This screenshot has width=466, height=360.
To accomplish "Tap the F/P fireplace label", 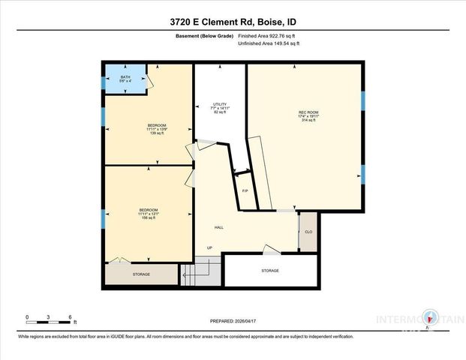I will tap(245, 191).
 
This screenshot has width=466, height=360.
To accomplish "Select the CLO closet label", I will tap(308, 232).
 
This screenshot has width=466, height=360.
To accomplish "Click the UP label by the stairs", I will tap(210, 249).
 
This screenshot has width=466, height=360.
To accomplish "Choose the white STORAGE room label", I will tap(270, 270).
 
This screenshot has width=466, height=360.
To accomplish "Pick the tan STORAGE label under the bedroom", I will tap(141, 274).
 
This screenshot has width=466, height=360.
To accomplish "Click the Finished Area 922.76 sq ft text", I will tap(268, 35).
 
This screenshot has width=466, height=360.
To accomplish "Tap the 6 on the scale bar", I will tap(69, 317).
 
